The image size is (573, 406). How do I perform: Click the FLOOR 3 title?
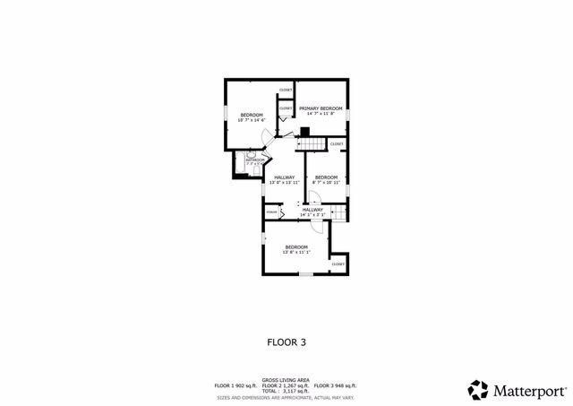(x=286, y=341)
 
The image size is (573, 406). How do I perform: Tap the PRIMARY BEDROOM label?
(x=321, y=108)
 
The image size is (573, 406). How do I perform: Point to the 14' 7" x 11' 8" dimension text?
(x=321, y=114)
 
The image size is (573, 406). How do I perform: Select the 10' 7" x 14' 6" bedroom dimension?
(x=252, y=120)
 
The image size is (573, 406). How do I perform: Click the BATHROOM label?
(x=255, y=160)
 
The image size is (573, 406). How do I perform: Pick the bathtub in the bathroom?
(x=240, y=162)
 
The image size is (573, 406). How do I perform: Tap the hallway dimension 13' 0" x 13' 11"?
(x=285, y=183)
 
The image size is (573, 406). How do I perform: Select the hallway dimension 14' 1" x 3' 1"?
(x=312, y=215)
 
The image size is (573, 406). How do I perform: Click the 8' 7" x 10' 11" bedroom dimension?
(x=326, y=183)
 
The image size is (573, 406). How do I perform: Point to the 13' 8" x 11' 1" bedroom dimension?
(x=296, y=253)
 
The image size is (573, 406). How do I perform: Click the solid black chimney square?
(x=304, y=130)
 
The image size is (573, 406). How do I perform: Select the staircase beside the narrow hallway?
(x=338, y=212)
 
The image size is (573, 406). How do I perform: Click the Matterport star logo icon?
(x=479, y=390)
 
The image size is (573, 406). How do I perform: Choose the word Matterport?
(x=529, y=391)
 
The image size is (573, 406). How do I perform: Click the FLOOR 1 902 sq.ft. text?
(x=235, y=385)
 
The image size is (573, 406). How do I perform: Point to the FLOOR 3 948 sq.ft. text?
(x=338, y=385)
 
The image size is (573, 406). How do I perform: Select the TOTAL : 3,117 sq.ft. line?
(x=286, y=391)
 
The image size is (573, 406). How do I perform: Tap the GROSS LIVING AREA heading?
(x=286, y=379)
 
